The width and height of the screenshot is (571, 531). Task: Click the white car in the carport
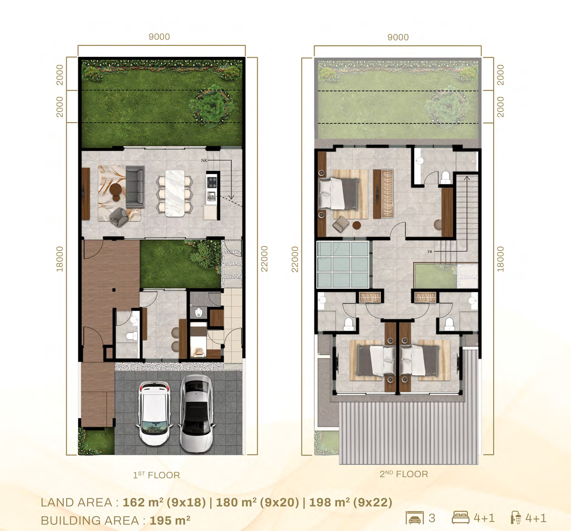(x=154, y=413)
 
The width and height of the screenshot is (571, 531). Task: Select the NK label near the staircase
(x=204, y=160)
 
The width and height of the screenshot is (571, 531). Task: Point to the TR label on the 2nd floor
(x=430, y=252)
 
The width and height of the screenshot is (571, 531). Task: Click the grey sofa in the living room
(x=135, y=187)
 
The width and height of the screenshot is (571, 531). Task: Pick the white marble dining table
(x=175, y=193)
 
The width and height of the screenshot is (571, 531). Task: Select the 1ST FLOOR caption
(x=156, y=475)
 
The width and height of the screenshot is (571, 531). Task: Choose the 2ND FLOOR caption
(x=404, y=474)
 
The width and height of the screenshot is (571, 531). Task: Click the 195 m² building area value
(x=170, y=520)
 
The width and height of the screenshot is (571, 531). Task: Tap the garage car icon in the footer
(x=415, y=518)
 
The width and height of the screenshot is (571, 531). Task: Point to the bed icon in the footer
(x=461, y=518)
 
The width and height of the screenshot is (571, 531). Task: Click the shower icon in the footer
(x=516, y=518)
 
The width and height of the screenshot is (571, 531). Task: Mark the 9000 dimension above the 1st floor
(x=159, y=37)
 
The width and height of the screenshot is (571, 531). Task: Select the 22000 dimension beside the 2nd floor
(x=295, y=259)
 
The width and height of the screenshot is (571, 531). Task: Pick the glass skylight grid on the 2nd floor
(x=343, y=264)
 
